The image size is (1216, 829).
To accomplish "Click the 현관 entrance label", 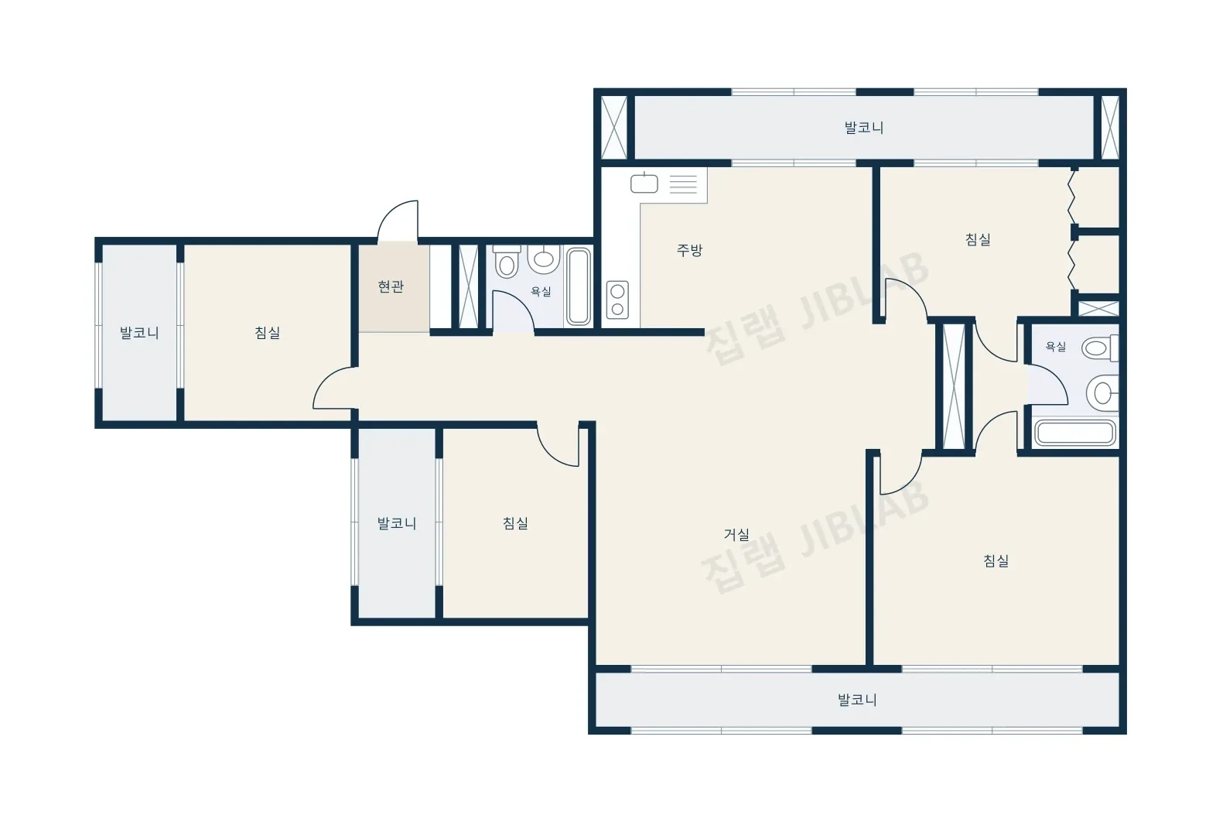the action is point(391,286).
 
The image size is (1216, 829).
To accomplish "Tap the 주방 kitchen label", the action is point(689,250).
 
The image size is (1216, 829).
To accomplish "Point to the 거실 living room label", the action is point(736,535).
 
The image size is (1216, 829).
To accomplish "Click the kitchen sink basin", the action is point(644,183).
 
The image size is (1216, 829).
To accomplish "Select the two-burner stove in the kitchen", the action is point(617,300).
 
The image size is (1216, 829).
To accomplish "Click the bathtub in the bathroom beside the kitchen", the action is point(579,287).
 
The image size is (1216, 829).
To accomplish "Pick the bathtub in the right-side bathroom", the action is point(1075,433).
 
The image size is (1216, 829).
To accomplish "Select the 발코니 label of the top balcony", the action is point(864,128).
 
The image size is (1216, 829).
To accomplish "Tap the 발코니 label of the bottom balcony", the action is point(857,700).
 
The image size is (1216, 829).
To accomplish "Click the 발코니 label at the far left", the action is point(139,333).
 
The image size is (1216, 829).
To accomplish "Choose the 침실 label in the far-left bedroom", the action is point(268,333).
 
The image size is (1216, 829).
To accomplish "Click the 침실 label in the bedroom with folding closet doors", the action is point(979,239).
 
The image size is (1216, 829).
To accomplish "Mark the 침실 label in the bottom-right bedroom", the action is point(996,560).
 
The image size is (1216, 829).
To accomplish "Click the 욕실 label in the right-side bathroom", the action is point(1056,347).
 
